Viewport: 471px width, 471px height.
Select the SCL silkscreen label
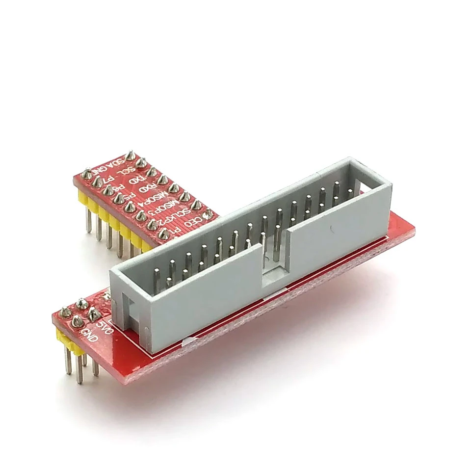(129, 171)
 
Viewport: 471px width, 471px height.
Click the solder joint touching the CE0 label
(208, 214)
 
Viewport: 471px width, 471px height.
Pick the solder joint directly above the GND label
(77, 322)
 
